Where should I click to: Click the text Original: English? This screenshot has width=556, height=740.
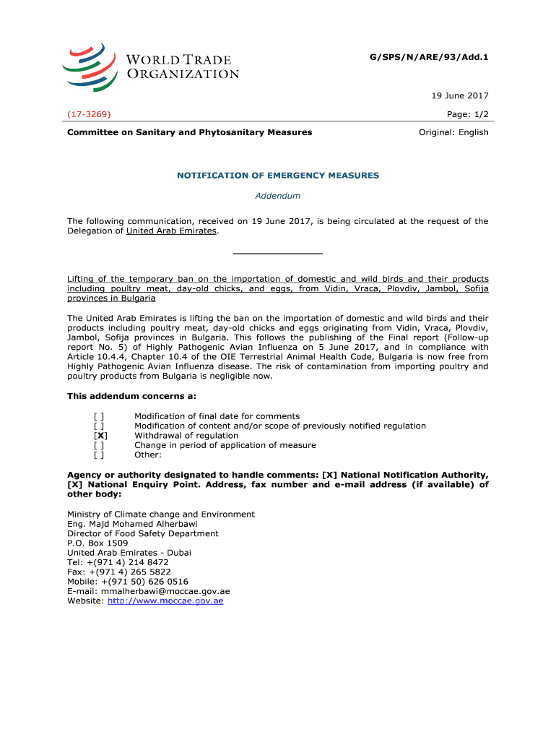point(454,132)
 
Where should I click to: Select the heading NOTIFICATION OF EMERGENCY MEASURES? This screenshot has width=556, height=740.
point(277,176)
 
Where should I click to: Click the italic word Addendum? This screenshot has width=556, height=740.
point(278,196)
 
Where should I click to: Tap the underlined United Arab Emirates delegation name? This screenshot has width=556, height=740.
point(171,231)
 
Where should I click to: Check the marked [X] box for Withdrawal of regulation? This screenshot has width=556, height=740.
point(101,436)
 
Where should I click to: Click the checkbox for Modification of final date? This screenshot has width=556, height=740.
point(99,416)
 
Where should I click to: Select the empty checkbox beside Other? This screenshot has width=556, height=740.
point(99,455)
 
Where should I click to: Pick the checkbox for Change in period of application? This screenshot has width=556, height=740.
point(99,445)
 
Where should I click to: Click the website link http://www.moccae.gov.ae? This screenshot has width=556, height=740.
point(165,601)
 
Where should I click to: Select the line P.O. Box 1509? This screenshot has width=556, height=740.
point(97,543)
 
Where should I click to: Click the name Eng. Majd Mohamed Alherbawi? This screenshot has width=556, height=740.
point(132,524)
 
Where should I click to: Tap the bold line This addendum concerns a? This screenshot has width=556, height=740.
point(131,396)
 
